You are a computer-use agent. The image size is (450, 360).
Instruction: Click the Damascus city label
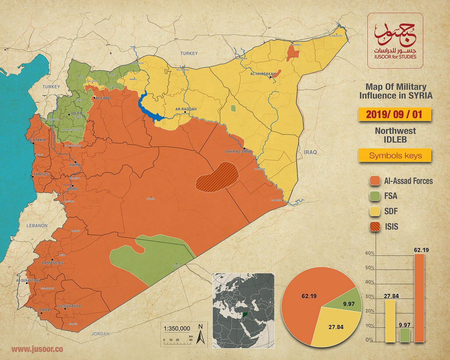[x=52, y=263]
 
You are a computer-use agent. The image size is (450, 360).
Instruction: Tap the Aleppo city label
[x=102, y=98]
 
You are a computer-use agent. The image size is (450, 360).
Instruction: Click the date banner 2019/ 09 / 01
[x=394, y=114]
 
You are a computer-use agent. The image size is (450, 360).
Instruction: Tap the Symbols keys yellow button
[x=394, y=156]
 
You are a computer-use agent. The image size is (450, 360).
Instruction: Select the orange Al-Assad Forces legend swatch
[x=375, y=181]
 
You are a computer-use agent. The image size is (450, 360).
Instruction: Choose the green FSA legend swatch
[x=375, y=196]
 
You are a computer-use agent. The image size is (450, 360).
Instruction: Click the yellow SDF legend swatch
[x=375, y=211]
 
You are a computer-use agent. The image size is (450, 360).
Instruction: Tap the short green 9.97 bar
[x=405, y=335]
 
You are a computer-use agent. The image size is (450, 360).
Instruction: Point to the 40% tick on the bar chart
[x=370, y=282]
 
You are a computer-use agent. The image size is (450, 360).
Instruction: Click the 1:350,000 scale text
[x=177, y=328]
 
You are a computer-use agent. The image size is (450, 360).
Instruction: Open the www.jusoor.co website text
[x=37, y=349]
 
